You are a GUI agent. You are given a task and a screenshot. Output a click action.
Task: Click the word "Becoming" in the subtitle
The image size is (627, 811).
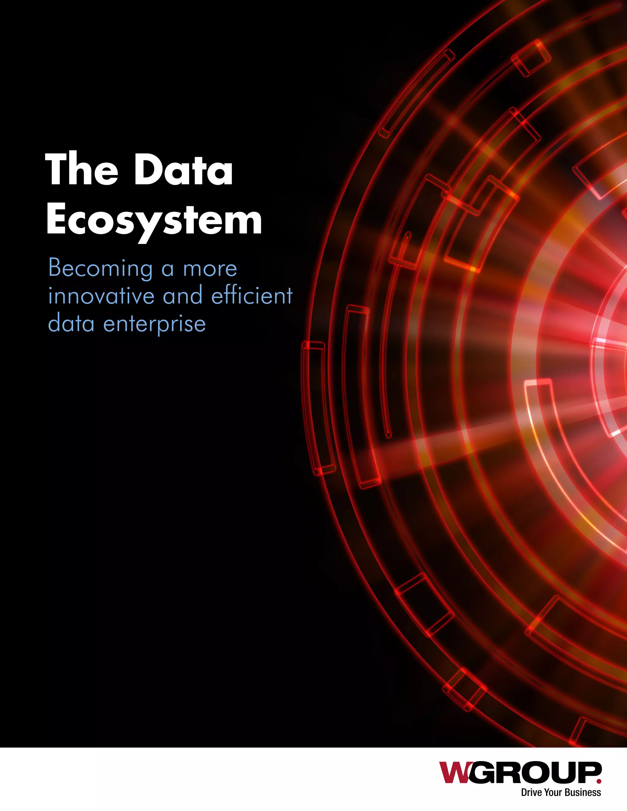[x=101, y=268]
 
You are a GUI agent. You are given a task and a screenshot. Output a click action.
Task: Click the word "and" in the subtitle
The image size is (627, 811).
[x=183, y=296]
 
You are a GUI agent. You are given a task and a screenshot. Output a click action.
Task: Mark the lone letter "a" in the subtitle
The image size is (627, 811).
[x=167, y=270]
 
